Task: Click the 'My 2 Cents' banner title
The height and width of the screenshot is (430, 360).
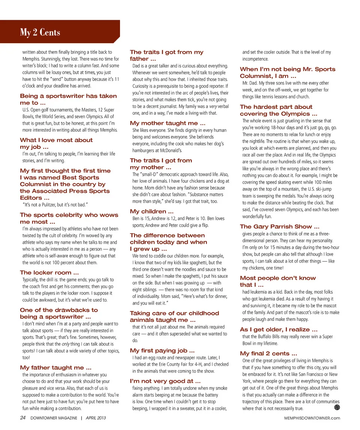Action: tap(40, 33)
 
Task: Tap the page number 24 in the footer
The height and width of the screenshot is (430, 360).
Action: tap(23, 418)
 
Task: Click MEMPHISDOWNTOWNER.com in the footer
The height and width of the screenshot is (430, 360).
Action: tap(312, 418)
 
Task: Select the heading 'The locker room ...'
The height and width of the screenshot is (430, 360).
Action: tap(49, 273)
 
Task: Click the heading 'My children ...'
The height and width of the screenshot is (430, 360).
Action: tap(151, 211)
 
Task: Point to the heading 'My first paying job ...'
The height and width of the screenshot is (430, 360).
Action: tap(162, 351)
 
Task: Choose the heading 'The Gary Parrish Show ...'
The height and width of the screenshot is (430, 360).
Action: tap(279, 226)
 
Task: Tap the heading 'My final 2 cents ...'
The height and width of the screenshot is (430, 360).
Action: tap(268, 354)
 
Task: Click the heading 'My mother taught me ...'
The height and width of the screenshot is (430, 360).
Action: tap(167, 123)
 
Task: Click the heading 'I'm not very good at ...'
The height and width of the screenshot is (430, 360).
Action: tap(165, 381)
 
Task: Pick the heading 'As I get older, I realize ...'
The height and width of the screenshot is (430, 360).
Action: tap(279, 330)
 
